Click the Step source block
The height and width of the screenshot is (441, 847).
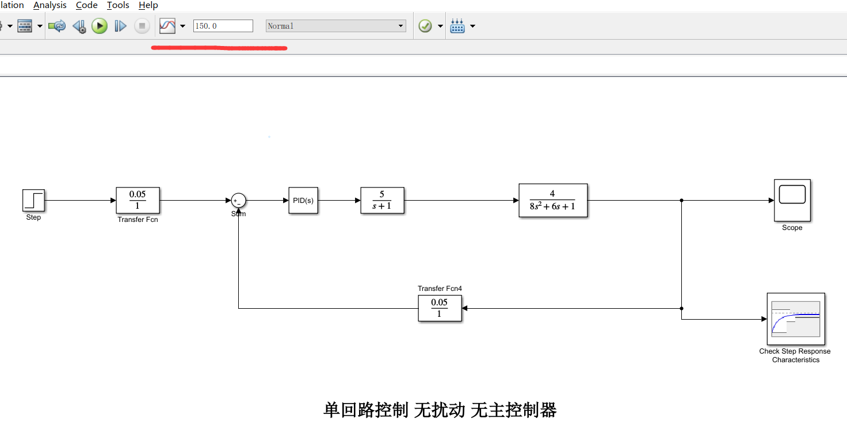33,201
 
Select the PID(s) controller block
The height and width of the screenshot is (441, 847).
303,201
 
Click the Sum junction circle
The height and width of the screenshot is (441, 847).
238,201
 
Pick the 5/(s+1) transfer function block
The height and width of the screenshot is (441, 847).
382,201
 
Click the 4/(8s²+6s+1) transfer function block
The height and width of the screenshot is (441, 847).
553,201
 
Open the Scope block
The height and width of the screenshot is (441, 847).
792,200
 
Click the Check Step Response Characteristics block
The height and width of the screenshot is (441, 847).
796,319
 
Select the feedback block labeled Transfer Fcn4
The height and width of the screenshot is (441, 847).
440,308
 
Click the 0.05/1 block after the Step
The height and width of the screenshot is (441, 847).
138,201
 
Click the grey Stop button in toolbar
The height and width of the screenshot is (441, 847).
142,26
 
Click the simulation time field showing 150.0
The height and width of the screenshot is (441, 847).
223,26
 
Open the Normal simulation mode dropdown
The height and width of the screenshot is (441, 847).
336,26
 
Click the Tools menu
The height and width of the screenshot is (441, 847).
118,5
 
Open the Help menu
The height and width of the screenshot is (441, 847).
148,5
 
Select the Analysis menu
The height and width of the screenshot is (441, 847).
50,5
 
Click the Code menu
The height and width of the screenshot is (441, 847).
87,5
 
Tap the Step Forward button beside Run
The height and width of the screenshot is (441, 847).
120,26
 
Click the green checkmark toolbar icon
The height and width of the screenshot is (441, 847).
425,26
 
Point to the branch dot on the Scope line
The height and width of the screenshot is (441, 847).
681,201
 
